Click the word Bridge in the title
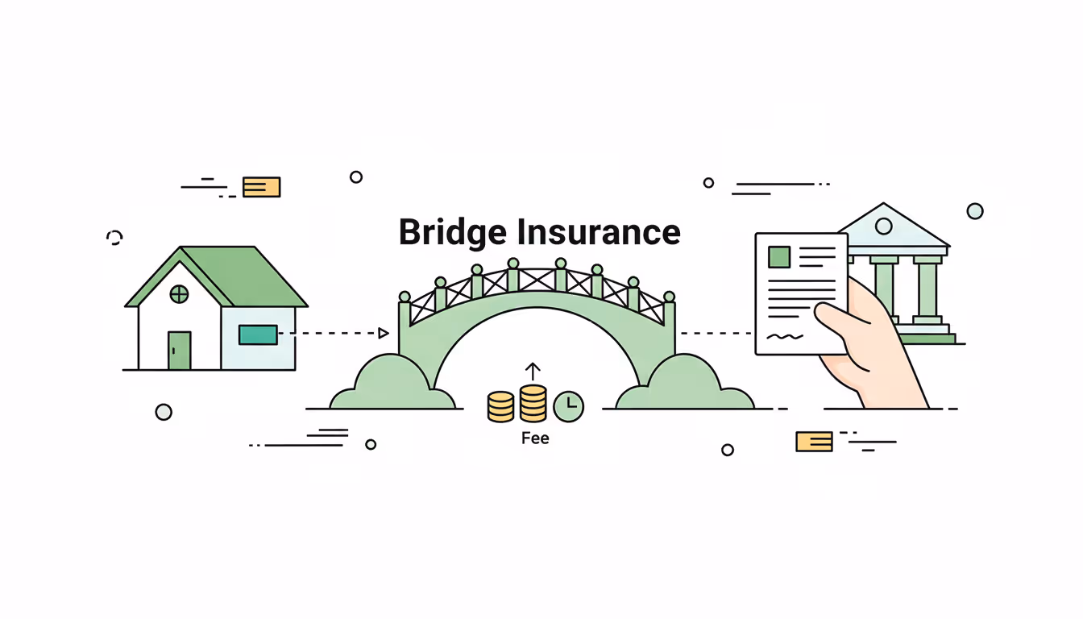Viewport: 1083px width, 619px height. [454, 232]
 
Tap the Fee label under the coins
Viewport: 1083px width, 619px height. [535, 438]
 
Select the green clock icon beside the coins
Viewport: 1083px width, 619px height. [569, 406]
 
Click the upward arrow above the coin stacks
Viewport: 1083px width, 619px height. [533, 372]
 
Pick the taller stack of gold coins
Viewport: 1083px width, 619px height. [533, 403]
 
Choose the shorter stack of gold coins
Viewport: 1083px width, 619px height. [500, 407]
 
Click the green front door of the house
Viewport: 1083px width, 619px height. [179, 351]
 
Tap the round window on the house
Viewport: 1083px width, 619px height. [179, 294]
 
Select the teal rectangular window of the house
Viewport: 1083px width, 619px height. [258, 334]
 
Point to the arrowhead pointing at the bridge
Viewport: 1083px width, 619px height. [384, 333]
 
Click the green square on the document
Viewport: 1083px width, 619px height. [779, 257]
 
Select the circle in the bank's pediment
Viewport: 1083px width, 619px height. [884, 226]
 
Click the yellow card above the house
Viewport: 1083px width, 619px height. [261, 187]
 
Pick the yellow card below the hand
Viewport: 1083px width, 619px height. [814, 441]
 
